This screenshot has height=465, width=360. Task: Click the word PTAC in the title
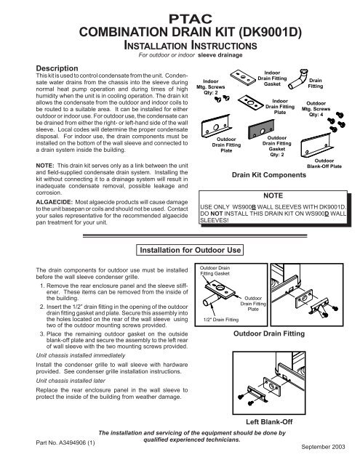coord(191,19)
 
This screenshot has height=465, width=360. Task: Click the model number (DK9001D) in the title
coord(270,32)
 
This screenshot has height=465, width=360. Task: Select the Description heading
coord(57,68)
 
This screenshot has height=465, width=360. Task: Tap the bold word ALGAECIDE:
coord(54,202)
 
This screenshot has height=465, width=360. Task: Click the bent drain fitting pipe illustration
coord(297,79)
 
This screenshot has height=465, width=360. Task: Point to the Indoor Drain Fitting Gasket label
coord(272,78)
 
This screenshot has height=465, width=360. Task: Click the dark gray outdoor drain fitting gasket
coord(261,129)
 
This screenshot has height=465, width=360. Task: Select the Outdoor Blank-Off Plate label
coord(324,163)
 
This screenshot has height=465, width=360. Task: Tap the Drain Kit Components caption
coord(269,175)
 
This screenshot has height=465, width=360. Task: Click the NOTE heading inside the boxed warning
coord(273,195)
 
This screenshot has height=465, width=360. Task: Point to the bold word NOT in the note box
coord(217,214)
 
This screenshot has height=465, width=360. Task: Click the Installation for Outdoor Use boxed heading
coord(190,250)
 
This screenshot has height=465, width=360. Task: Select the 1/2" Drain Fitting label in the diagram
coord(221,320)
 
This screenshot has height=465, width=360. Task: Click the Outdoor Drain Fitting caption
coord(269,333)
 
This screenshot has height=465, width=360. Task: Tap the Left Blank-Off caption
coord(269,421)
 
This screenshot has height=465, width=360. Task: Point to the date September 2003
coord(323,447)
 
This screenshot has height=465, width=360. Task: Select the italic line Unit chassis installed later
coord(71,381)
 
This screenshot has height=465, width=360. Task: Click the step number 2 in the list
coord(42,307)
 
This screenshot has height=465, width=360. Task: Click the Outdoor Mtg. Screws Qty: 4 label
coord(316,109)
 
